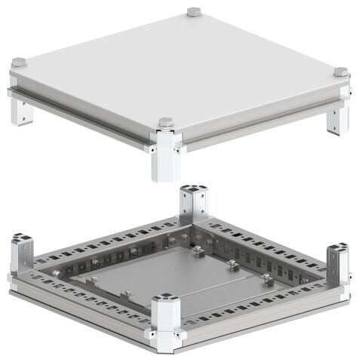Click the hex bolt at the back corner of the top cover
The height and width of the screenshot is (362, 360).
(x=194, y=12)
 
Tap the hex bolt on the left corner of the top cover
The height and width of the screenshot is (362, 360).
(x=20, y=63)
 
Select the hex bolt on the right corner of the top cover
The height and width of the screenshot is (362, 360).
(x=340, y=72)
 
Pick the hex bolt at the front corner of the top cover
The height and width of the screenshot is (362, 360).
(x=166, y=122)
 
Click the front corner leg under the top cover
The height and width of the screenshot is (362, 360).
(x=164, y=158)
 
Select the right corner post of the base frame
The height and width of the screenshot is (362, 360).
(x=337, y=264)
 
